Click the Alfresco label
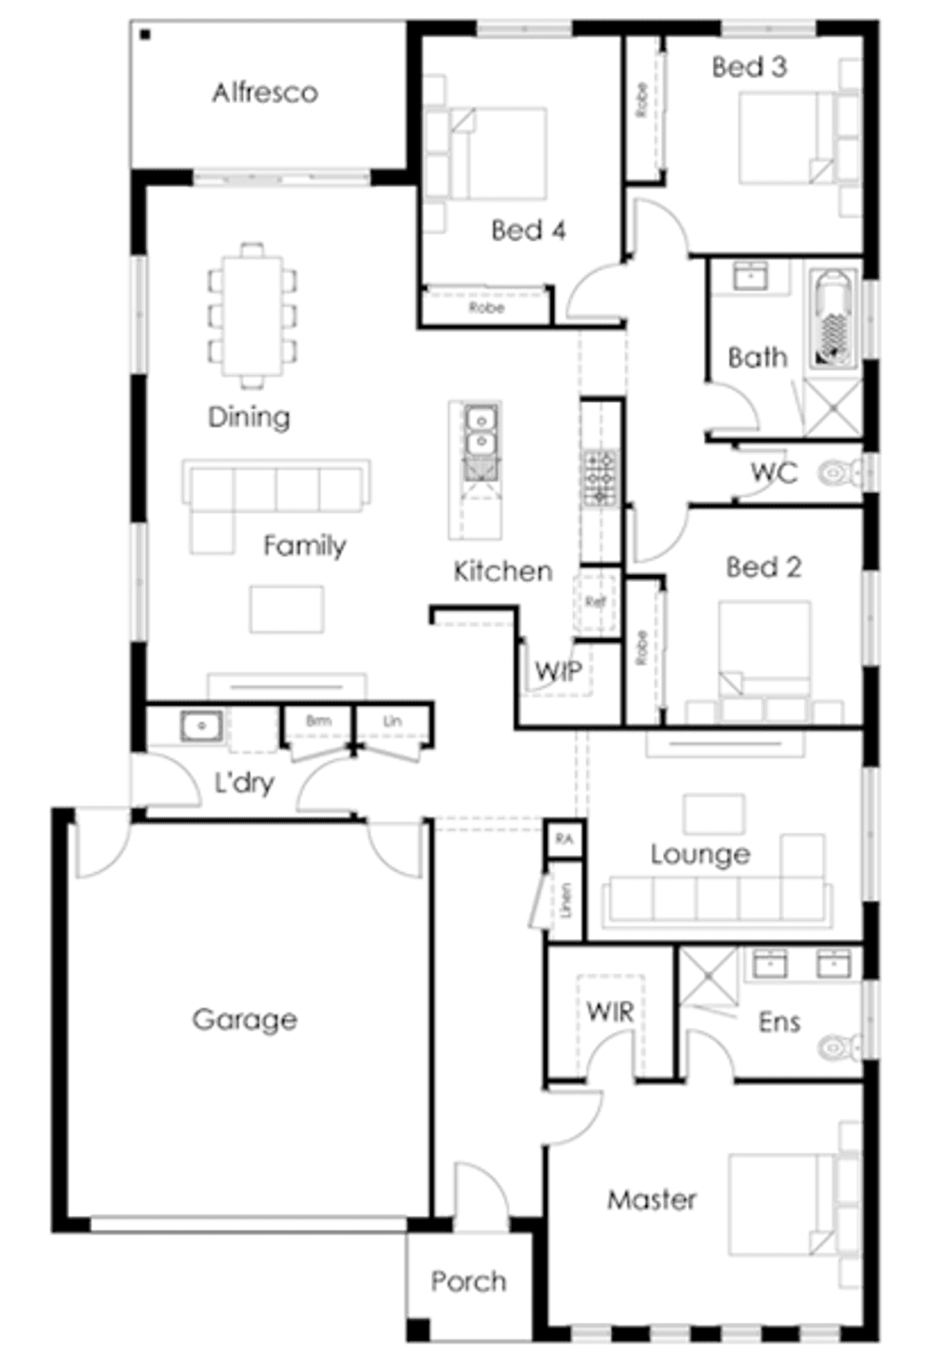[264, 92]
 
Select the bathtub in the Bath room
[832, 316]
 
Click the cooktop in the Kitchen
[600, 477]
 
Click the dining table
[251, 314]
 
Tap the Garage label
[245, 1019]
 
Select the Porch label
[468, 1281]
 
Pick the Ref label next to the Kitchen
[596, 602]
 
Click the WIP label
[559, 671]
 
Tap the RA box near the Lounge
[564, 839]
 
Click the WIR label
[610, 1011]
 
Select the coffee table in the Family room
[287, 608]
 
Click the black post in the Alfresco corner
[145, 35]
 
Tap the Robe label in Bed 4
[486, 307]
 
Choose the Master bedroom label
[652, 1199]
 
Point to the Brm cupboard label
[318, 721]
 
